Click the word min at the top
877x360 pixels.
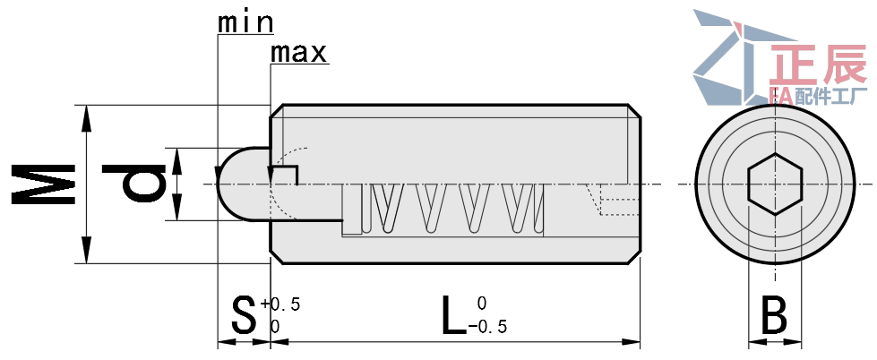point(245,23)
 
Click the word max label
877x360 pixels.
point(298,53)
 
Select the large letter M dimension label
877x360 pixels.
point(44,184)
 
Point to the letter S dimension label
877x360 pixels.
point(244,316)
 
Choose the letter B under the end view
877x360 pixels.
point(775,316)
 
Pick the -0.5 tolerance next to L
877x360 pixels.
point(487,326)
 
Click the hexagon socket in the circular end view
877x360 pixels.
point(775,184)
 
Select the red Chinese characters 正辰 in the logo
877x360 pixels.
point(818,64)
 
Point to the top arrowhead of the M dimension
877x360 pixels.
point(86,118)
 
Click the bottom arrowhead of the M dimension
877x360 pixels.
point(86,250)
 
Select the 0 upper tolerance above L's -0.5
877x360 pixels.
point(482,304)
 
